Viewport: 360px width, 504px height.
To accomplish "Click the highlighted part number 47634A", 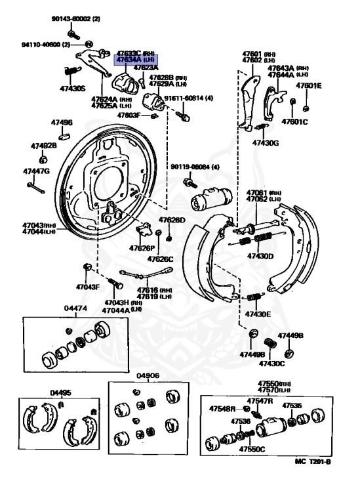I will pos(129,59).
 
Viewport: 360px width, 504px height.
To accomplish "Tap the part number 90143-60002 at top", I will pos(72,19).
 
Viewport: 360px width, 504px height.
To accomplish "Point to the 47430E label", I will pos(259,314).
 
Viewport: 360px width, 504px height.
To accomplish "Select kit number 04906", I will pos(148,376).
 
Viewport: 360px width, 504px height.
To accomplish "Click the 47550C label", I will pos(252,450).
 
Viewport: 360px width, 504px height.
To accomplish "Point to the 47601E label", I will pos(308,85).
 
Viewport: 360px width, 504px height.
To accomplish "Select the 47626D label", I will pos(172,220).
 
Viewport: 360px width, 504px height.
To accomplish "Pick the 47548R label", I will pos(222,409).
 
